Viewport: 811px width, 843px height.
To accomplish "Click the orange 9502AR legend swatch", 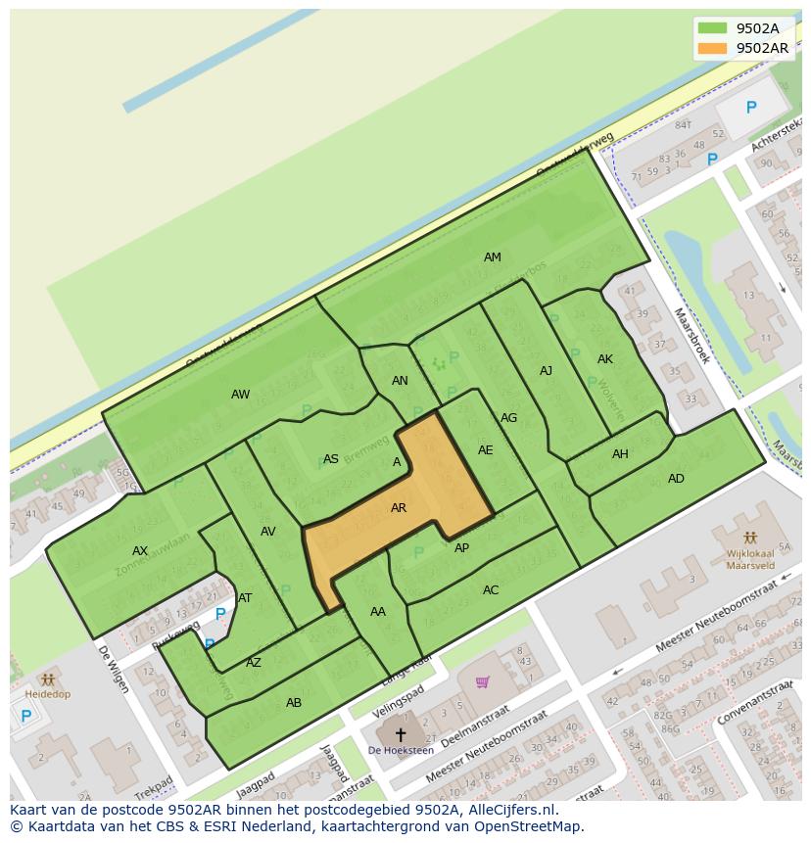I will (712, 48).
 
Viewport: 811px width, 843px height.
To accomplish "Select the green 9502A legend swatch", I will (712, 28).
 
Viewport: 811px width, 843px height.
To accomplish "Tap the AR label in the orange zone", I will (399, 508).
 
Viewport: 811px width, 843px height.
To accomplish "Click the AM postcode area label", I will (493, 258).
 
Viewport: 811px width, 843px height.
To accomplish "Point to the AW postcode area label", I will (240, 395).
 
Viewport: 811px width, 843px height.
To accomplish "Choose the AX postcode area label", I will (140, 551).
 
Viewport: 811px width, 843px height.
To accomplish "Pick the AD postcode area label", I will (676, 479).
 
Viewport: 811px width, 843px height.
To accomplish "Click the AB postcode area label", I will (294, 703).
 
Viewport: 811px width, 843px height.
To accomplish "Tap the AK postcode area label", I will (605, 359).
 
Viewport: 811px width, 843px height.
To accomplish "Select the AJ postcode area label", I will (547, 371).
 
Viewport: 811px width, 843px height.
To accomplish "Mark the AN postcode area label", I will (400, 381).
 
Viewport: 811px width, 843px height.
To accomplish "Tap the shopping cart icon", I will (482, 681).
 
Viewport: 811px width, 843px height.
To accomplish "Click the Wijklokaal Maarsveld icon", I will (750, 538).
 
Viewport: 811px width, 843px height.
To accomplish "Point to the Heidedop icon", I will (47, 679).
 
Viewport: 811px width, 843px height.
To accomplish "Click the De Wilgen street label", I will (113, 669).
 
